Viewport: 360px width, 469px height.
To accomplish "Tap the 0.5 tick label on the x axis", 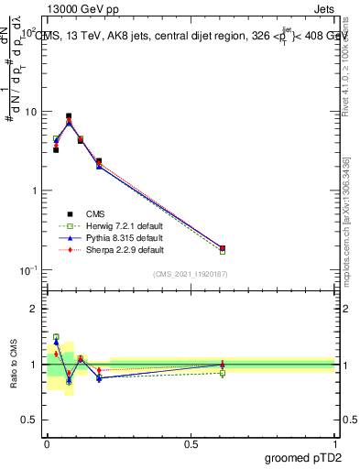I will click(x=191, y=442).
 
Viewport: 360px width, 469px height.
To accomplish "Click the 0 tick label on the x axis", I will click(x=47, y=442).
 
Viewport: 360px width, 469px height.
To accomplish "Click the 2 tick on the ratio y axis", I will click(x=32, y=310).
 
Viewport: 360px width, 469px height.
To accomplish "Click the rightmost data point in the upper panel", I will click(x=223, y=247).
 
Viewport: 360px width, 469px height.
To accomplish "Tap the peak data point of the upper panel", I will click(x=69, y=117).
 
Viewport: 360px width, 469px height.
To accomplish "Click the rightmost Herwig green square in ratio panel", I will click(x=223, y=373).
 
